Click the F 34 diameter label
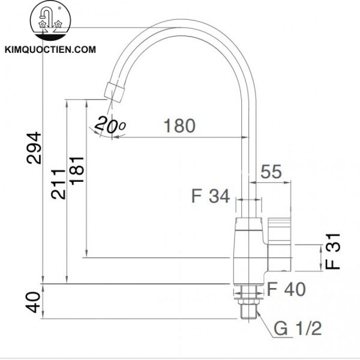(x=211, y=196)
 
